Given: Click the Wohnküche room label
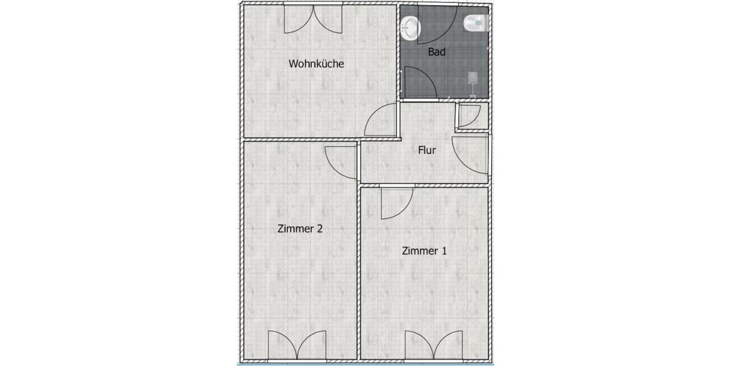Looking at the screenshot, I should [317, 63].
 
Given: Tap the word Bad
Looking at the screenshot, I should [437, 52].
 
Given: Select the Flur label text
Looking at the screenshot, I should [427, 149].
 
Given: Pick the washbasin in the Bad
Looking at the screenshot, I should [411, 27].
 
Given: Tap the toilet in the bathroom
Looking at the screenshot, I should [475, 24].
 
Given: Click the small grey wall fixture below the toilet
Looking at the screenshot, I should [472, 77].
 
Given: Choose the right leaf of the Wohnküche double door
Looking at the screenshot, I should [328, 20].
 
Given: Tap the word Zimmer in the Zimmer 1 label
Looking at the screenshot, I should [420, 250].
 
